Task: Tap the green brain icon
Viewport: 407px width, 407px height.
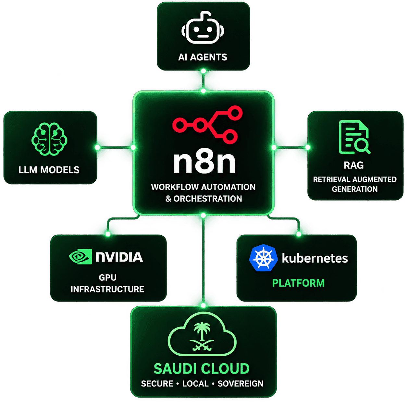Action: [49, 139]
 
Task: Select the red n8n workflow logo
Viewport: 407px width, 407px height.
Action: [207, 125]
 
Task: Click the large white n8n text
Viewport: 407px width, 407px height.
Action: [204, 163]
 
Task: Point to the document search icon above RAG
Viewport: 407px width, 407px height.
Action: [354, 137]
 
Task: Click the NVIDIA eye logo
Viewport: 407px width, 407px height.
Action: [80, 256]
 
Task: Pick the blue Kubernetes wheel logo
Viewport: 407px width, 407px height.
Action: [263, 258]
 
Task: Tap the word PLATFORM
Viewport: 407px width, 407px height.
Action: [298, 283]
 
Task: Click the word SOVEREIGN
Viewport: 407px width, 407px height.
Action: [240, 384]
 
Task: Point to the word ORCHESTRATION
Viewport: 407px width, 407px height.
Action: [208, 199]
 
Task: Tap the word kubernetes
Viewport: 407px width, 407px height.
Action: [315, 258]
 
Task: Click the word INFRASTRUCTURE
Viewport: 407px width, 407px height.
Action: [107, 289]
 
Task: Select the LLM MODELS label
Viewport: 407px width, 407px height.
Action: [49, 170]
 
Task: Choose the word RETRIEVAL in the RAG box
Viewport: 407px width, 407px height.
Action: [328, 179]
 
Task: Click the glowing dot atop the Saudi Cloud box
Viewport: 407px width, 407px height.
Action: [203, 305]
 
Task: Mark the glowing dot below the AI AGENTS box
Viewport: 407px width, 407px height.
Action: [203, 71]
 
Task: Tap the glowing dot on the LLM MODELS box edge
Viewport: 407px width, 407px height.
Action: [97, 147]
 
